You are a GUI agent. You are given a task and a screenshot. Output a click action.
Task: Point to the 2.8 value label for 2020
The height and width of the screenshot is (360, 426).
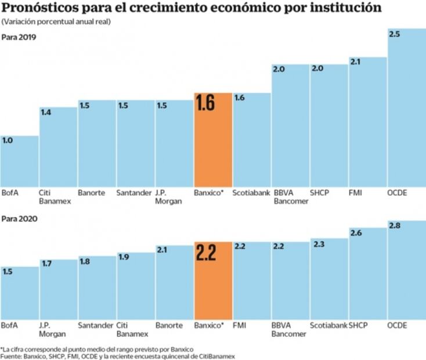pos(394,225)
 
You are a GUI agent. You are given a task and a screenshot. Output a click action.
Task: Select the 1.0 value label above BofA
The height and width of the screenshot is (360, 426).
pos(8,141)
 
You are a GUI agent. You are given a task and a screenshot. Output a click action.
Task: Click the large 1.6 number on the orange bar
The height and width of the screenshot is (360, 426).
pos(205,103)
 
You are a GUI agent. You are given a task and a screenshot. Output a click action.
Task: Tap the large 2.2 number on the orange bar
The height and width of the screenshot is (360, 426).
pos(205,253)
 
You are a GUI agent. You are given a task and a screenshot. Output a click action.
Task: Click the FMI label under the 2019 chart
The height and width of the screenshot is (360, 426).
pos(355,192)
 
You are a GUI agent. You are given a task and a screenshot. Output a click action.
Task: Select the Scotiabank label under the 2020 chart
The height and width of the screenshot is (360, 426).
pos(328,325)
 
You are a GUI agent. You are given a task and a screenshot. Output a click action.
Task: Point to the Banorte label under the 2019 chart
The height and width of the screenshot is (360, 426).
pos(92,192)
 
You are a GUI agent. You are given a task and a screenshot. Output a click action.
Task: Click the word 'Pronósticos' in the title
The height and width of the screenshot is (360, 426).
pos(40,8)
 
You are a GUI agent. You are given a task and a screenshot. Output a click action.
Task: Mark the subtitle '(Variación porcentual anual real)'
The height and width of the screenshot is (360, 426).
pos(56,21)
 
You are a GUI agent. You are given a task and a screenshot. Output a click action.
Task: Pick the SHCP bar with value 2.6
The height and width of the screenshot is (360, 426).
pos(367,276)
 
